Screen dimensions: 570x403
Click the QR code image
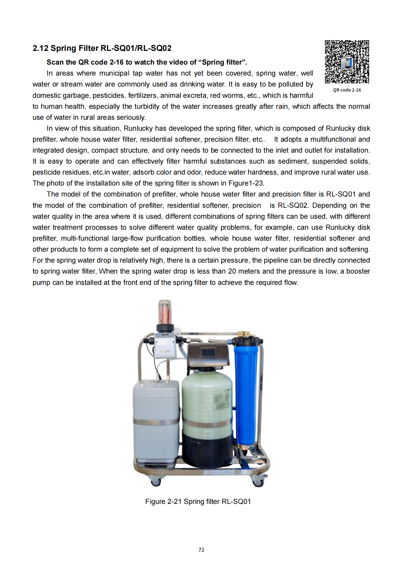point(347,62)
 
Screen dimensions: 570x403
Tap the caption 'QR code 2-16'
point(347,90)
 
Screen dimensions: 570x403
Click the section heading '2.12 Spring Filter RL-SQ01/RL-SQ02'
point(102,48)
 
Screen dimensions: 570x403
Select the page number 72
point(201,550)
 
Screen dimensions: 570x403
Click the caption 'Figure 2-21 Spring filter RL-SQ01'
point(198,501)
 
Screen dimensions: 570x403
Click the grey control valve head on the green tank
point(208,355)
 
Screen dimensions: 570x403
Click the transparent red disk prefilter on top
point(164,312)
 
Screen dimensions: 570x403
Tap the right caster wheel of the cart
point(258,481)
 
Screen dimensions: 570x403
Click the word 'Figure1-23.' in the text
point(246,183)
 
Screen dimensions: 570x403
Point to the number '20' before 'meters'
point(232,271)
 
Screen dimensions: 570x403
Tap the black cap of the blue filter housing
point(247,340)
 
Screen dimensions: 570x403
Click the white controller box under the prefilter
point(165,346)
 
